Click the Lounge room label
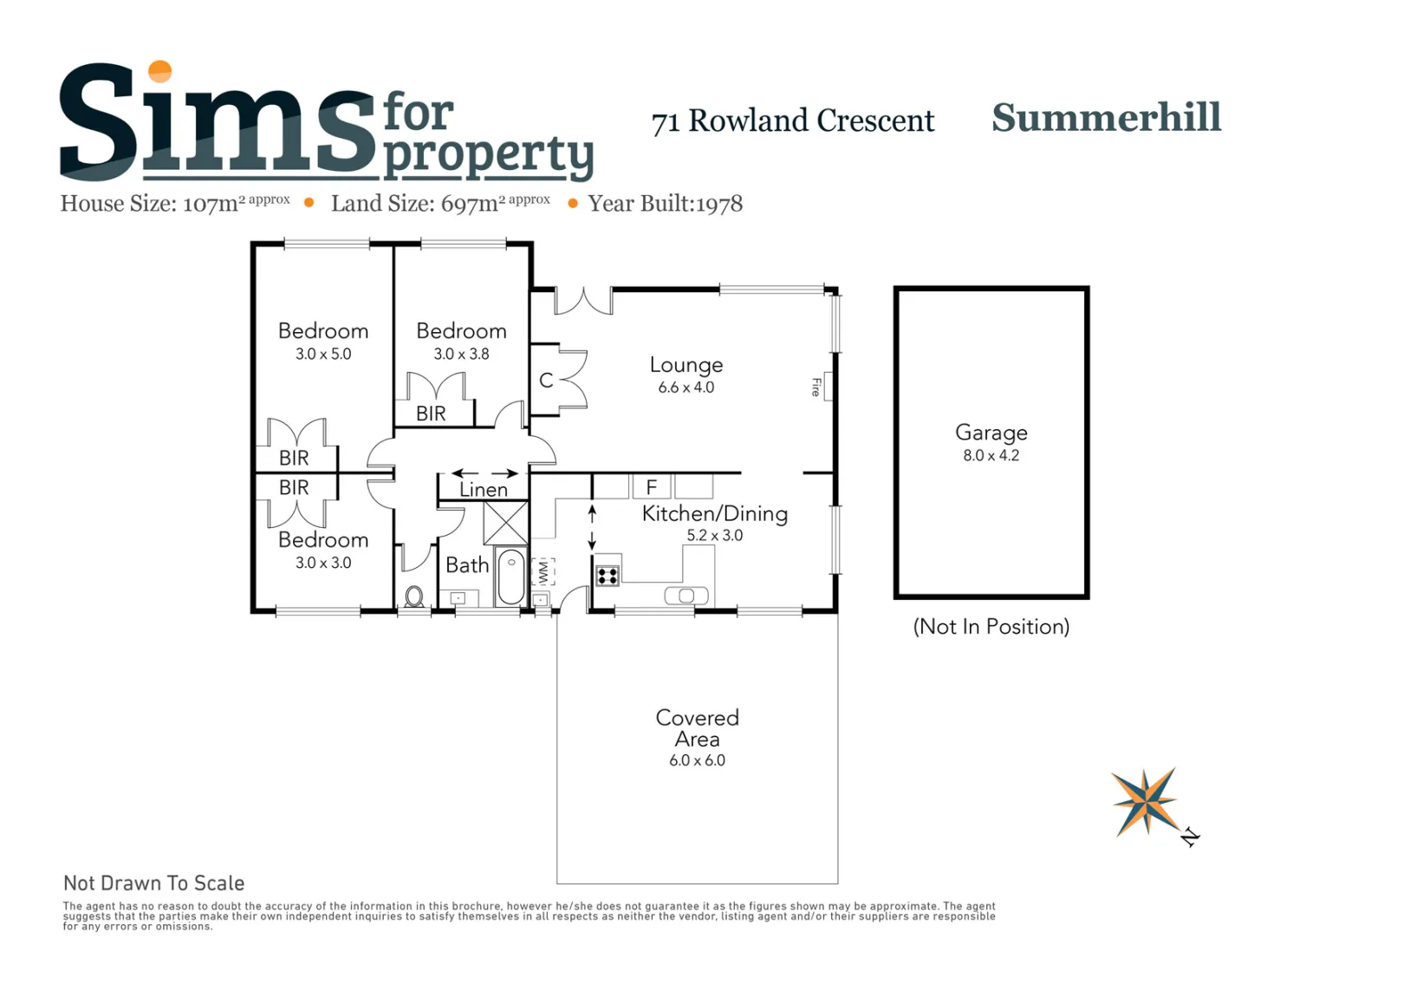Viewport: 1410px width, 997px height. click(686, 365)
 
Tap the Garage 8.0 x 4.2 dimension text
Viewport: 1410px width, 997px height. click(991, 455)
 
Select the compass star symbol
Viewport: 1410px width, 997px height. click(1146, 802)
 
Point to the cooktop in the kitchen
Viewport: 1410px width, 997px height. click(608, 576)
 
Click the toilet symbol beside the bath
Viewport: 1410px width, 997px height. click(413, 596)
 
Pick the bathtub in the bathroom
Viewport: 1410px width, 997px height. click(511, 577)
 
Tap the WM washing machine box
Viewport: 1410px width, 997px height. click(543, 571)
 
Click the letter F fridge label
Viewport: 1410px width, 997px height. click(652, 486)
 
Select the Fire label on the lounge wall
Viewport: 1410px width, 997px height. click(816, 387)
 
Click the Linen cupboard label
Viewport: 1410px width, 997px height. click(483, 490)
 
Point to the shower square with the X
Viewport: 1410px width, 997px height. click(505, 523)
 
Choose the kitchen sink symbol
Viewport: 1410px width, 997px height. click(686, 596)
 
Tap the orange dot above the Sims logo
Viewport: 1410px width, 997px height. click(160, 71)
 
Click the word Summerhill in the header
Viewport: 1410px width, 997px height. click(1106, 118)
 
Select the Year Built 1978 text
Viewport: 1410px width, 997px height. click(666, 204)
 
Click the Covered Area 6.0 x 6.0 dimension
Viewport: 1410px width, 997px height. click(697, 760)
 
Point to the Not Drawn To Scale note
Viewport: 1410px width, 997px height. click(153, 883)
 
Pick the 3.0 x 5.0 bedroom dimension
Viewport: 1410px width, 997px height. click(323, 354)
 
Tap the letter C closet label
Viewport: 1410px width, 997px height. click(546, 381)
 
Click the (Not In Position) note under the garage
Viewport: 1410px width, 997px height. click(991, 627)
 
